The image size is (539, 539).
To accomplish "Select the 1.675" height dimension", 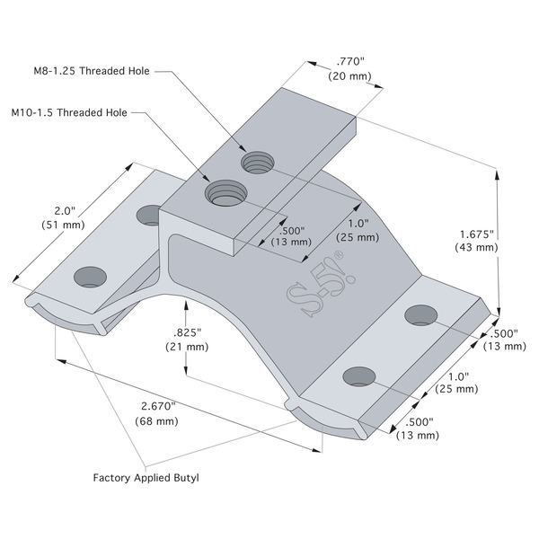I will click(474, 231).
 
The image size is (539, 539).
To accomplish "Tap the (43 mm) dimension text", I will click(474, 246).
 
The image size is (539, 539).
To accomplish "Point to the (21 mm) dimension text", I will click(189, 348).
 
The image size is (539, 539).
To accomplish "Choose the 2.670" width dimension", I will click(155, 406).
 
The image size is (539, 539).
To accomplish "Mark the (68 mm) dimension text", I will click(155, 421).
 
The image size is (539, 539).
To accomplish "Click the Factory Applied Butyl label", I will click(146, 478).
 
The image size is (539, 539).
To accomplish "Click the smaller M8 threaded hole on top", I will click(256, 163).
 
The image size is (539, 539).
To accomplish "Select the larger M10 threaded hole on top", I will click(226, 191).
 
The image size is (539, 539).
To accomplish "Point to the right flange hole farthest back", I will click(421, 314).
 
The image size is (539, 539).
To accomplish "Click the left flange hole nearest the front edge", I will click(89, 276).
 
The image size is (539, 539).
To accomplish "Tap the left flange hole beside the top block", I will click(149, 214).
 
